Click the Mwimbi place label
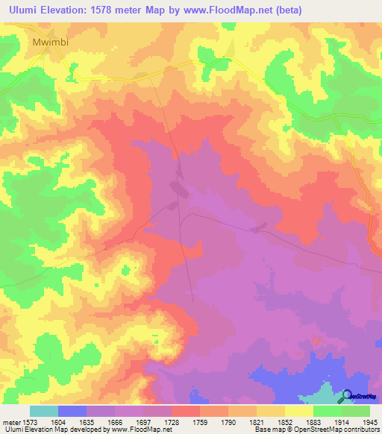tap(51, 42)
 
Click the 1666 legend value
tap(115, 422)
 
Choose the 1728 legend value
tap(172, 422)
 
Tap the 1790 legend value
tap(228, 422)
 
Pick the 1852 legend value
tap(285, 422)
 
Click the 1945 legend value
tap(369, 422)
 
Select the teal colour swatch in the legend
tap(44, 411)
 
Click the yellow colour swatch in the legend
tap(298, 411)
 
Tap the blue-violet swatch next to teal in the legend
tap(72, 411)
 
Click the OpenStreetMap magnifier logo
tap(347, 396)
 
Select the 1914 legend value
tap(341, 422)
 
